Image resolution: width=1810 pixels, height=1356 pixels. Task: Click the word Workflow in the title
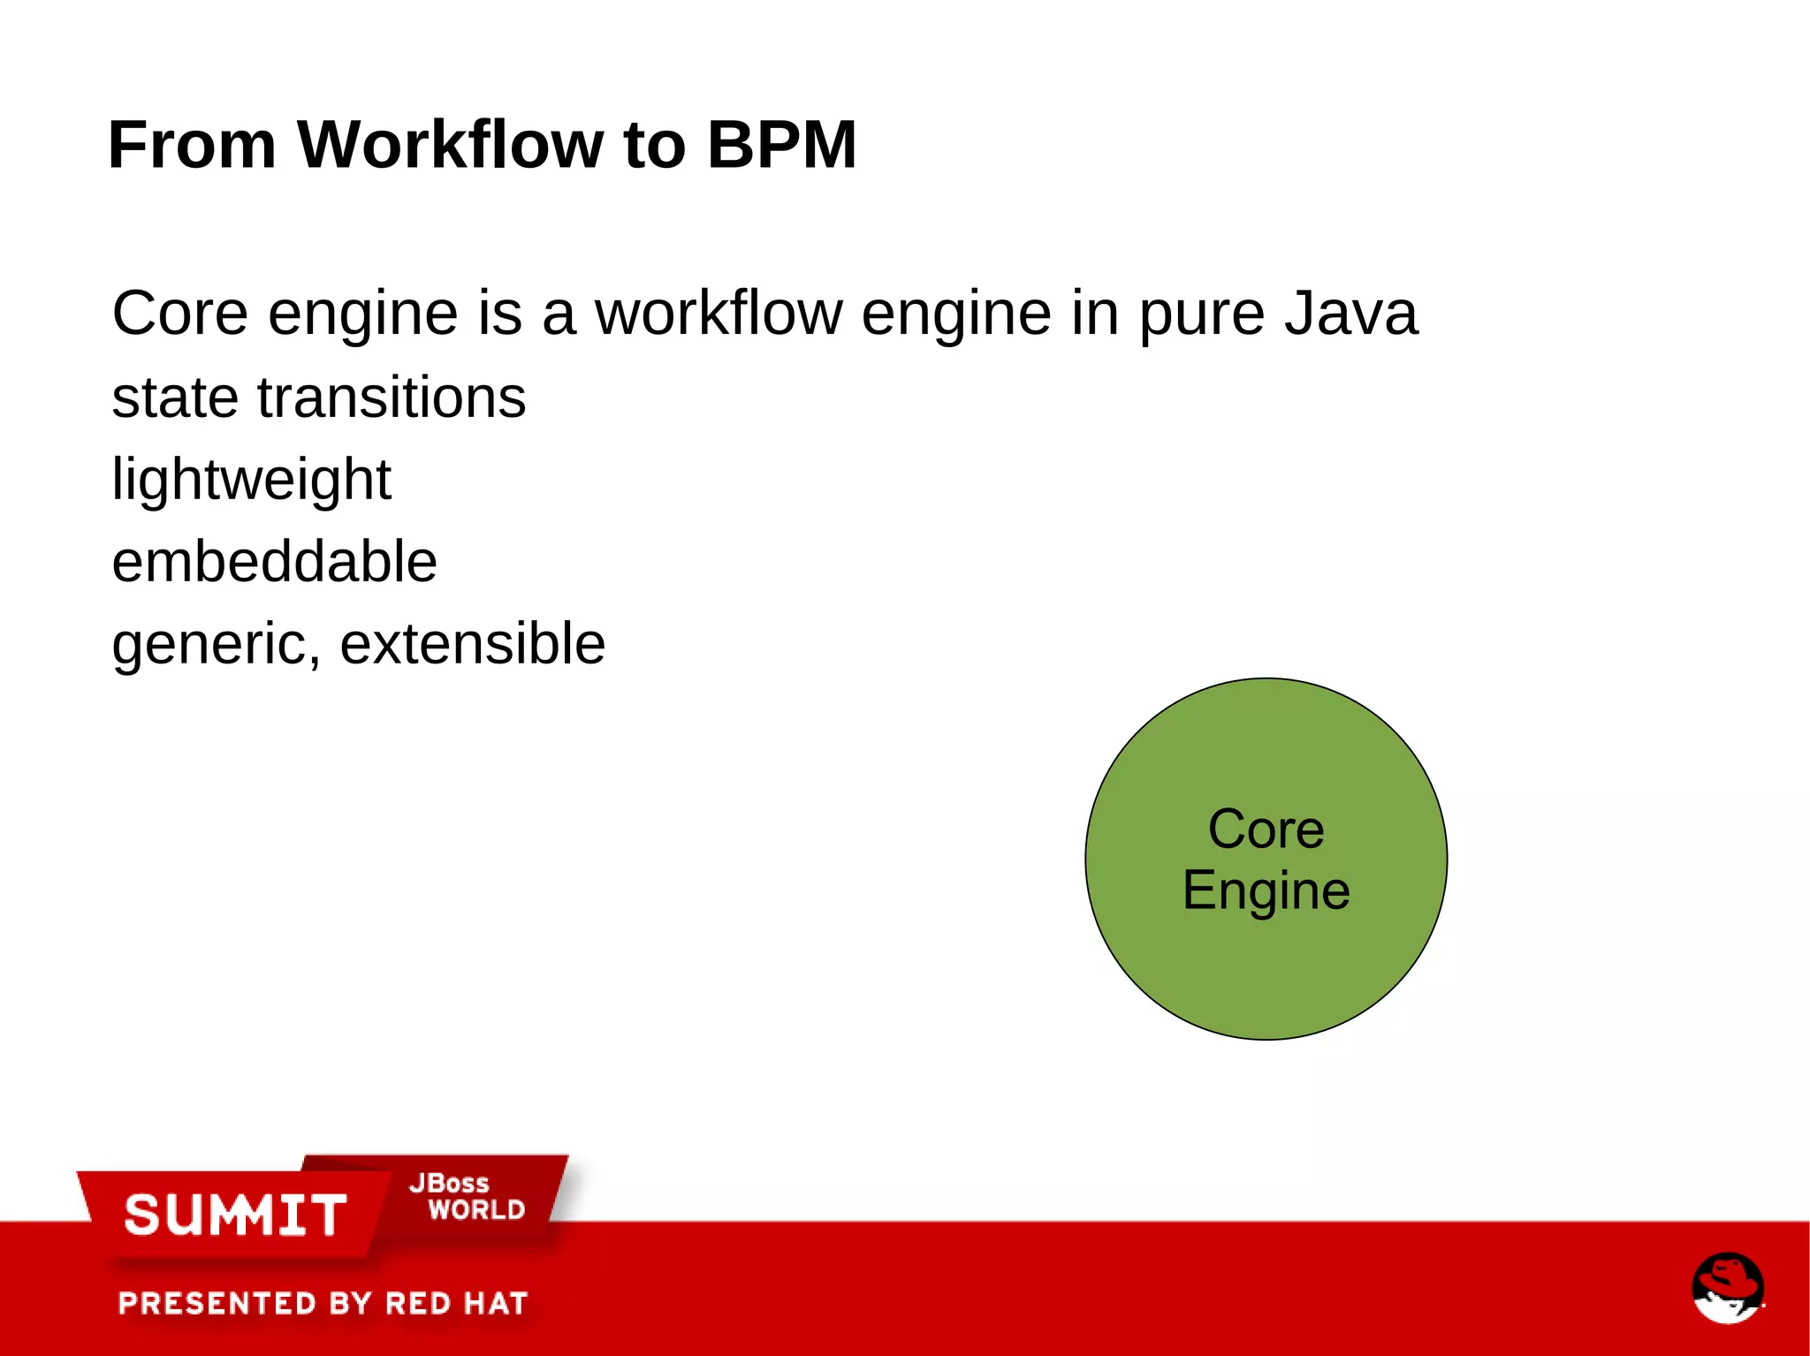pos(450,145)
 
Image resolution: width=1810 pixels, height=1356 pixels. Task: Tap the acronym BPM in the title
pos(781,145)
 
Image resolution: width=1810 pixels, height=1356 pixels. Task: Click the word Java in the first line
pos(1350,314)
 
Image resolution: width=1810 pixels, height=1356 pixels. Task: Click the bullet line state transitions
pos(318,398)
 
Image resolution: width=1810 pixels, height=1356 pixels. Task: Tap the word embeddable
pos(274,562)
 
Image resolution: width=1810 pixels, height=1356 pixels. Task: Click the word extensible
pos(472,643)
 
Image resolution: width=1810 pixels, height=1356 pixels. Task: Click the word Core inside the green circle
pos(1266,830)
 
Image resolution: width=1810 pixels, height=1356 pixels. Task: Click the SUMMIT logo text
pos(235,1215)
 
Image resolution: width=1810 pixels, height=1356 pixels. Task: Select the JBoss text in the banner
pos(449,1183)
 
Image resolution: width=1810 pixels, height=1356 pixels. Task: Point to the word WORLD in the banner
pos(476,1209)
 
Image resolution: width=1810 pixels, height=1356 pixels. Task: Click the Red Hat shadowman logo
pos(1727,1287)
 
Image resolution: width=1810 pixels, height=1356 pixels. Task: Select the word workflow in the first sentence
pos(719,314)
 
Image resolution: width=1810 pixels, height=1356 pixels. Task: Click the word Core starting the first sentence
pos(179,314)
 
